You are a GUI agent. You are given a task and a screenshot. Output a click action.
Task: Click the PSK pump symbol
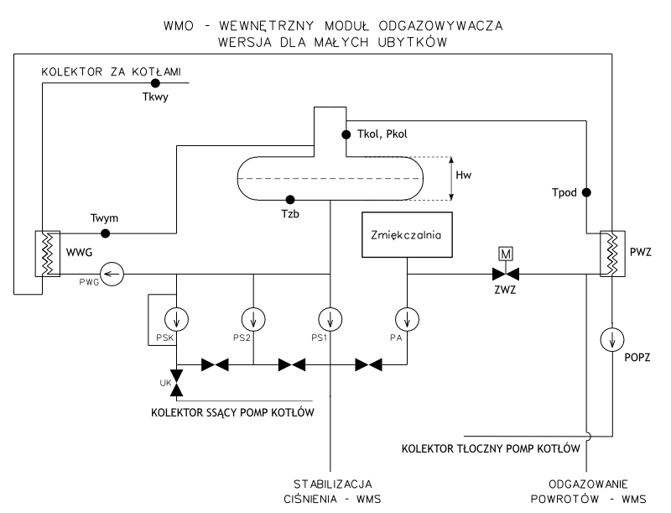[x=176, y=319]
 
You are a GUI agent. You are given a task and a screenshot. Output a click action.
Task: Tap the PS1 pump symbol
[x=330, y=319]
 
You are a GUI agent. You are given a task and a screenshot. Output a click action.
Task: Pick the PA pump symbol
[x=407, y=319]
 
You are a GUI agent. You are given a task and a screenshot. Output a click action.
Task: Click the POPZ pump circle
[x=612, y=340]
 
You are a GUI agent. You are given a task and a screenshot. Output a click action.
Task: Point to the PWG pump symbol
[x=112, y=272]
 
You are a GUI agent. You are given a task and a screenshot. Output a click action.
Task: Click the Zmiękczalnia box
[x=407, y=233]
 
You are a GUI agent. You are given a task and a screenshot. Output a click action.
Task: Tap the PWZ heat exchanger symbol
[x=612, y=251]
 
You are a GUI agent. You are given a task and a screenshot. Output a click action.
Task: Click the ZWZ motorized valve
[x=506, y=273]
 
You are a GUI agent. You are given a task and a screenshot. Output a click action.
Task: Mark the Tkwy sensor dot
[x=155, y=83]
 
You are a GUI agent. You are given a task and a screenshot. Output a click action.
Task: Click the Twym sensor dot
[x=105, y=233]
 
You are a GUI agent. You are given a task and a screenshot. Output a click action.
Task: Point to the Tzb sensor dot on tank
[x=290, y=200]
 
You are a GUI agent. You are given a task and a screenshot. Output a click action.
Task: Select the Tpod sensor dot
[x=587, y=192]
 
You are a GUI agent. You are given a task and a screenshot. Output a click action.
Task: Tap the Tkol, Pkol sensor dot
[x=345, y=133]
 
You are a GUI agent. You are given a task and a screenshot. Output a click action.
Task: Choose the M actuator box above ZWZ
[x=506, y=253]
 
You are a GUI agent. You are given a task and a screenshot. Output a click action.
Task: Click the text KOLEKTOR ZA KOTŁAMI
[x=112, y=72]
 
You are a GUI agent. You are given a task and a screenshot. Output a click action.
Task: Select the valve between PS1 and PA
[x=368, y=365]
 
